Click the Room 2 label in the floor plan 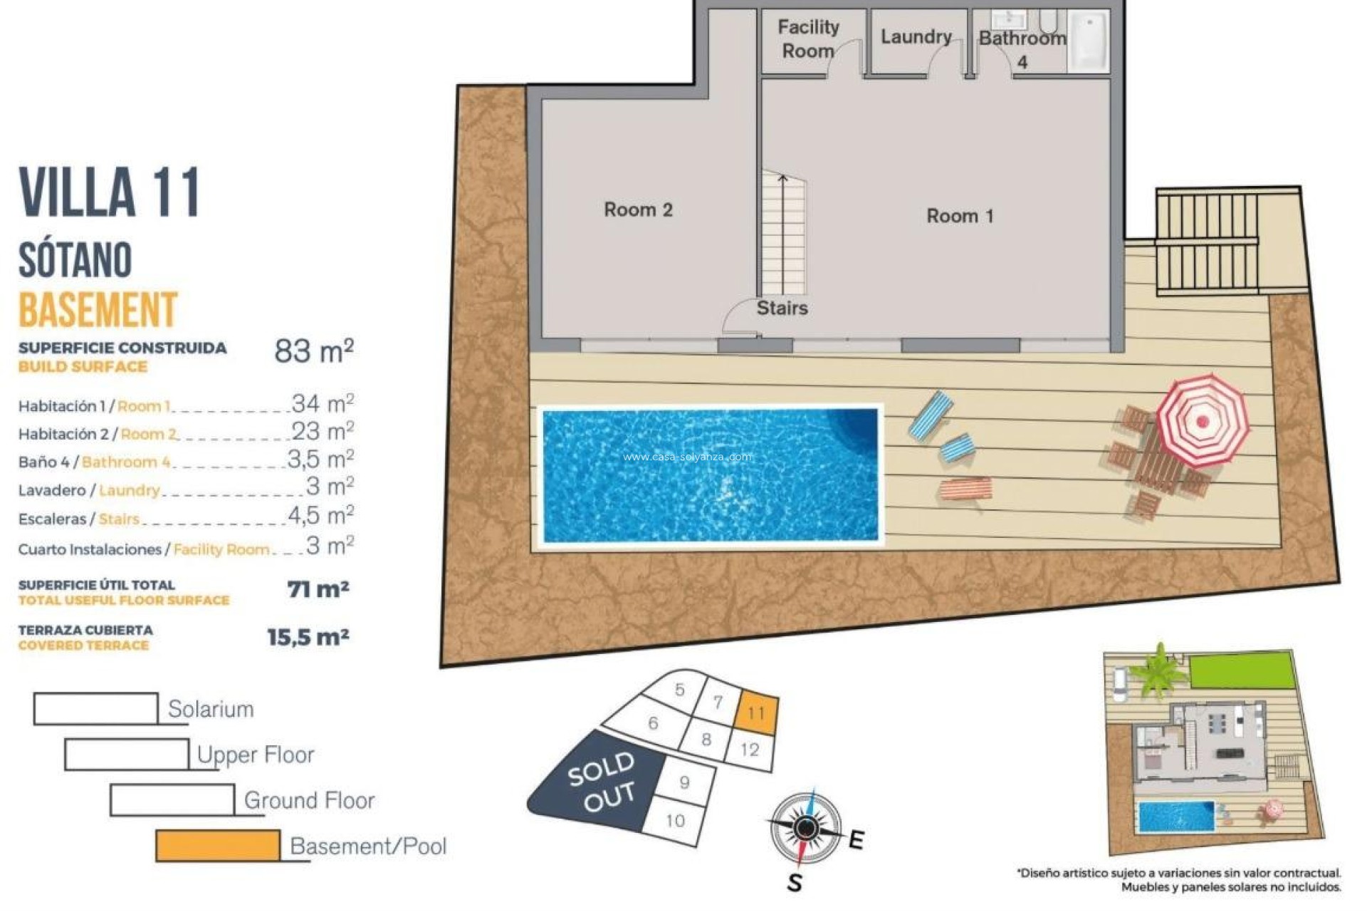pyautogui.click(x=638, y=209)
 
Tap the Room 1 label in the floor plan pyautogui.click(x=959, y=216)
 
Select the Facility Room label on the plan pyautogui.click(x=808, y=39)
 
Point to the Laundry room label pyautogui.click(x=916, y=36)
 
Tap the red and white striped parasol pyautogui.click(x=1202, y=420)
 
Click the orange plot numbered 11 pyautogui.click(x=755, y=712)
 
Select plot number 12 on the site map pyautogui.click(x=750, y=750)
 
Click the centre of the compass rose pyautogui.click(x=806, y=827)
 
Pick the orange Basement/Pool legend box pyautogui.click(x=217, y=846)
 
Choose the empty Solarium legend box pyautogui.click(x=95, y=709)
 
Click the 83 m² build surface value pyautogui.click(x=313, y=351)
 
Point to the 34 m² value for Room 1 pyautogui.click(x=322, y=403)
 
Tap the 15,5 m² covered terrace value pyautogui.click(x=308, y=637)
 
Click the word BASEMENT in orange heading pyautogui.click(x=98, y=309)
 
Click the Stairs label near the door pyautogui.click(x=782, y=308)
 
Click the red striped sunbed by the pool pyautogui.click(x=965, y=489)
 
